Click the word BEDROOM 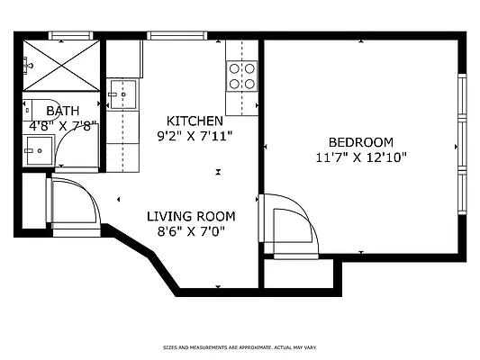click(360, 142)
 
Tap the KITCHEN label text click(195, 121)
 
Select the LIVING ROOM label click(191, 216)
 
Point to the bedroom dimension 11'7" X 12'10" click(360, 157)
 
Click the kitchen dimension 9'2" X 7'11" click(195, 137)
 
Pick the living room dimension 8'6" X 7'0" click(191, 231)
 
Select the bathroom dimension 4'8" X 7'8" click(63, 127)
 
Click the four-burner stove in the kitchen click(241, 75)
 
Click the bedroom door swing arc click(294, 225)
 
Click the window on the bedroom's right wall click(462, 144)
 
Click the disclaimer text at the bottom click(240, 346)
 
